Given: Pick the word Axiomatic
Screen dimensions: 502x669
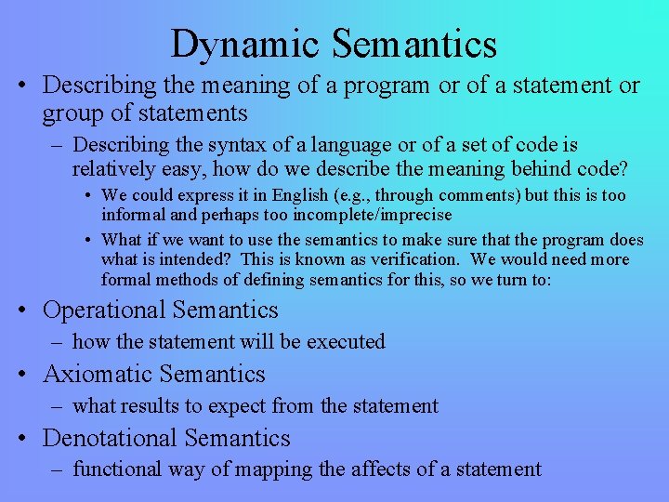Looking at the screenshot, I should click(x=98, y=374).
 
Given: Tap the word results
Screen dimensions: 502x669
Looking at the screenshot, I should click(x=155, y=405).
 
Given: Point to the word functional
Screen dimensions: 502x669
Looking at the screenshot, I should click(x=116, y=469).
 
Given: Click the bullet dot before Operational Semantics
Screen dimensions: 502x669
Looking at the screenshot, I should click(x=29, y=310).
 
